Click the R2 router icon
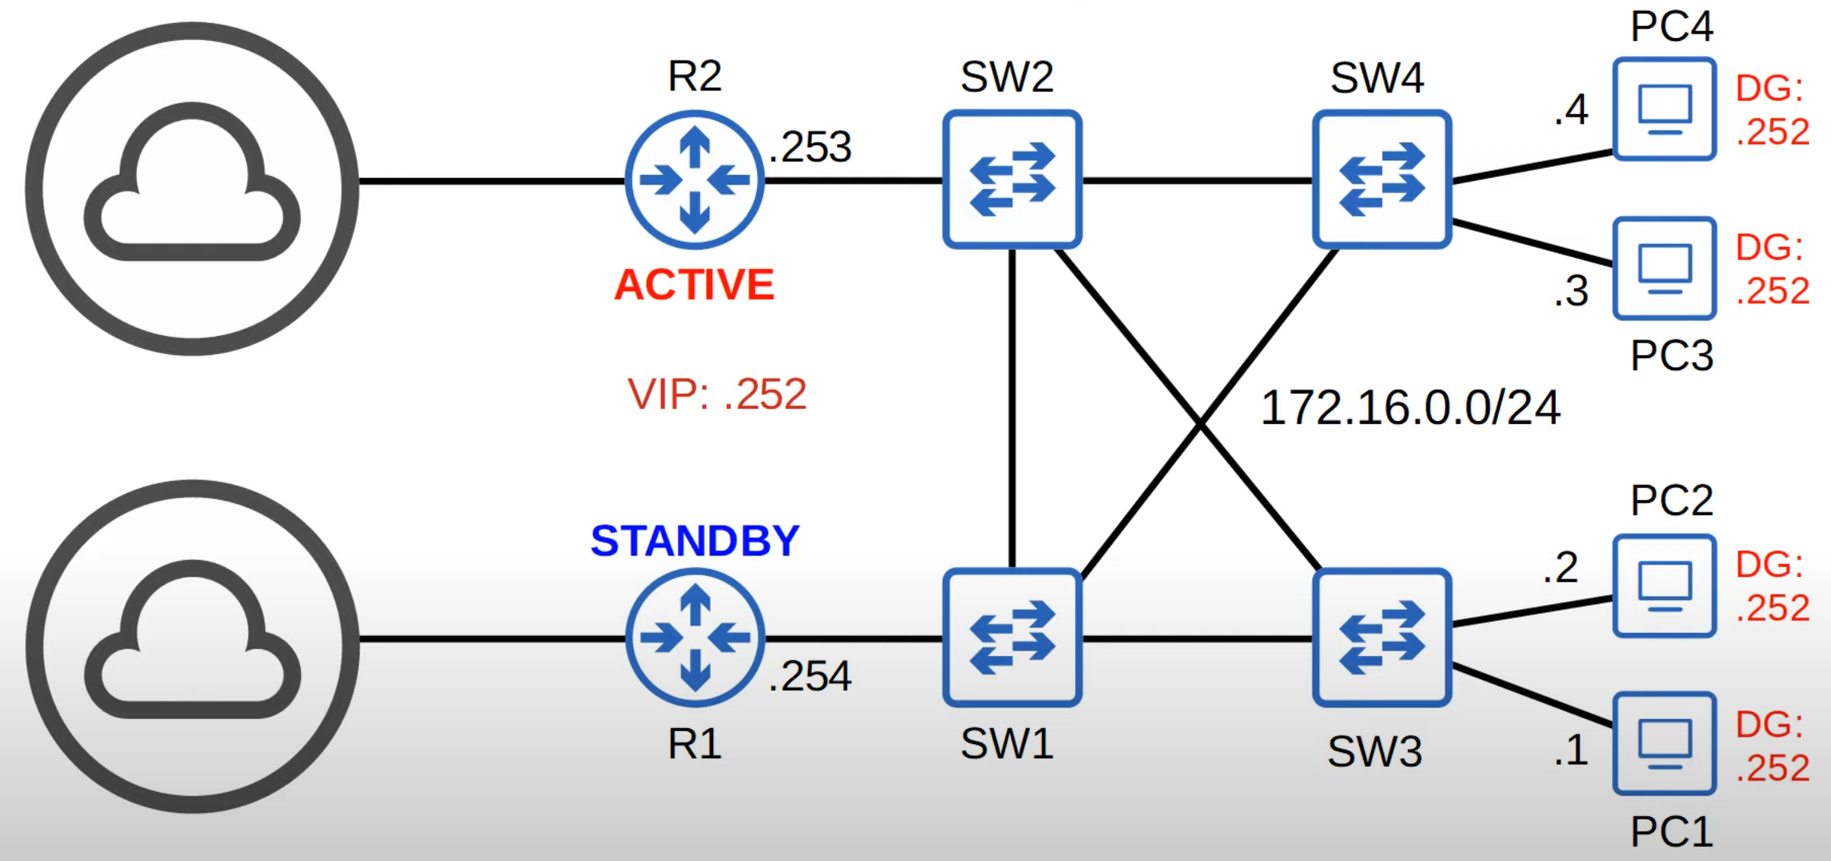[x=695, y=180]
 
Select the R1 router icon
[x=695, y=638]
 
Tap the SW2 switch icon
[x=1012, y=179]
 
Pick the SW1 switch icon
[x=1012, y=638]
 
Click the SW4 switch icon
[x=1382, y=179]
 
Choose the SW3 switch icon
[x=1382, y=638]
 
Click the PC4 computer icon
[x=1665, y=109]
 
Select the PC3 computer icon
[x=1665, y=268]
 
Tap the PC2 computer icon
[x=1665, y=586]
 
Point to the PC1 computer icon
[x=1665, y=743]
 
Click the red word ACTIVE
[x=694, y=285]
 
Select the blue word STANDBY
[x=695, y=541]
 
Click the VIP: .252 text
[x=717, y=394]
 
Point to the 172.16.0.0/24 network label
[x=1411, y=408]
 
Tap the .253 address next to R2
[x=810, y=147]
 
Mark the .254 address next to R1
[x=810, y=676]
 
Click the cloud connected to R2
[x=192, y=188]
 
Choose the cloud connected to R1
[x=192, y=645]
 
